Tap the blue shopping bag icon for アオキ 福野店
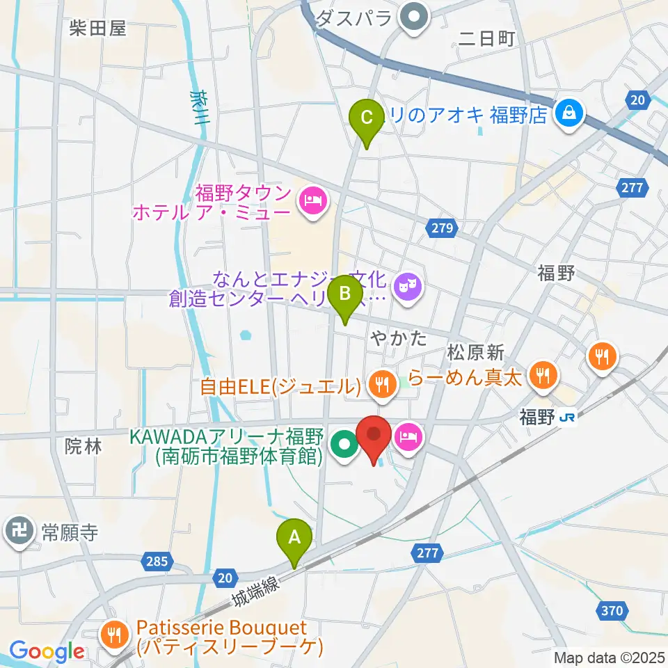570,111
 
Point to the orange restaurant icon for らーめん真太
541,376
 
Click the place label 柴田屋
97,28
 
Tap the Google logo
47,651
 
